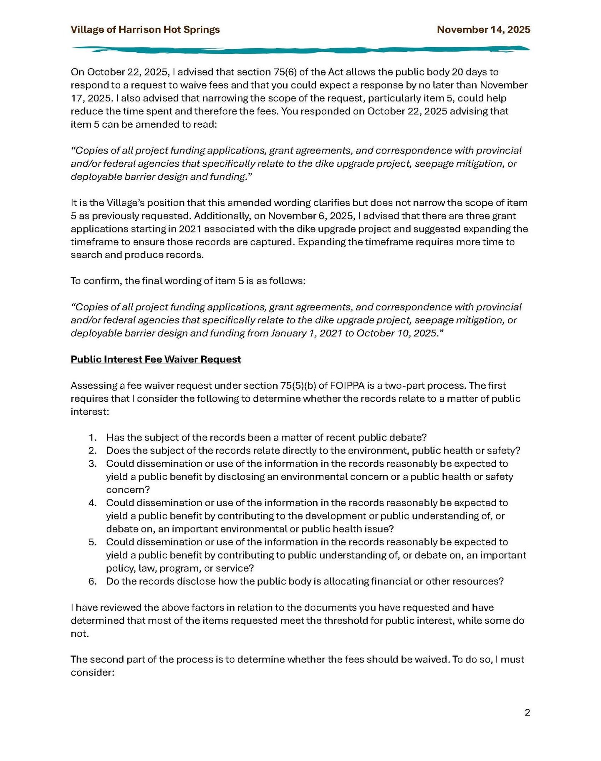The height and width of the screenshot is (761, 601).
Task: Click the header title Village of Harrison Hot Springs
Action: pos(145,30)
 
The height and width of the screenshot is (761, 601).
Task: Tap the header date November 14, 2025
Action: pos(483,30)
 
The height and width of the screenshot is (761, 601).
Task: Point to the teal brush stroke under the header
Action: pos(300,50)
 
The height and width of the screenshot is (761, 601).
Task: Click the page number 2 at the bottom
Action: pos(527,713)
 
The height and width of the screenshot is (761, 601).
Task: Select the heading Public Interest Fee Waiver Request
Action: pos(156,359)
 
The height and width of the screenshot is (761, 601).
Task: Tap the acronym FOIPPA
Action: pos(347,386)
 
